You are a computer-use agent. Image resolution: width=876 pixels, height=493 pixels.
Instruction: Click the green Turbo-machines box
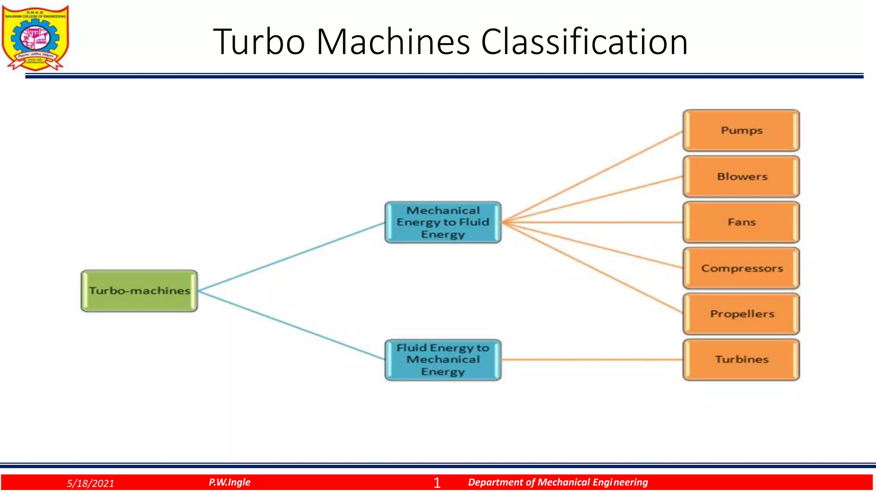tap(139, 291)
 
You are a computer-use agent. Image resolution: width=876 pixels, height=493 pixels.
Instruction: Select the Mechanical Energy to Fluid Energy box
tap(443, 223)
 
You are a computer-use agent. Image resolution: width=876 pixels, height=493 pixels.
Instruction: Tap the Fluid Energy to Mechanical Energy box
tap(443, 359)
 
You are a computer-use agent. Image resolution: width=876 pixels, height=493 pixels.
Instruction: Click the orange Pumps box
tap(741, 131)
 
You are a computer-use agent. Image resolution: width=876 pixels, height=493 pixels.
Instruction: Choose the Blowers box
tap(741, 176)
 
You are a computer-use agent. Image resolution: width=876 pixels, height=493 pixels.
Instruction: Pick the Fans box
tap(741, 222)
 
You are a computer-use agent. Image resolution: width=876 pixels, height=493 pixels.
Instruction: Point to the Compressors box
tap(741, 268)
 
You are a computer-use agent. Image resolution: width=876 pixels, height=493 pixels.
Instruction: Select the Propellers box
tap(741, 314)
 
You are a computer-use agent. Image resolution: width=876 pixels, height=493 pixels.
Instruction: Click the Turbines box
tap(741, 359)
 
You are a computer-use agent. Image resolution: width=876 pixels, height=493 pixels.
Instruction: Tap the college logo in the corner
tap(36, 38)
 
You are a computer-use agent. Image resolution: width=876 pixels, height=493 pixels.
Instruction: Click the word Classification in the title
tap(584, 42)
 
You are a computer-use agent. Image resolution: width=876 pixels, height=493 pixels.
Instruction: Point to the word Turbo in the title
tap(259, 42)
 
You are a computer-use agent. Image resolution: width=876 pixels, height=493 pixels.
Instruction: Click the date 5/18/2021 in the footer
tap(90, 484)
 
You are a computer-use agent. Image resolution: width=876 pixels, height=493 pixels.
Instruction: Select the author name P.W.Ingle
tap(230, 482)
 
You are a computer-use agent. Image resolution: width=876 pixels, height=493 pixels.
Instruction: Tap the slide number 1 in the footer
tap(437, 483)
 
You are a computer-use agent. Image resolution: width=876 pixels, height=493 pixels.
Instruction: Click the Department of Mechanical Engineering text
tap(558, 482)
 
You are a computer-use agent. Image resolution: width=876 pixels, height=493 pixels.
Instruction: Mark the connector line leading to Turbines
tap(592, 359)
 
